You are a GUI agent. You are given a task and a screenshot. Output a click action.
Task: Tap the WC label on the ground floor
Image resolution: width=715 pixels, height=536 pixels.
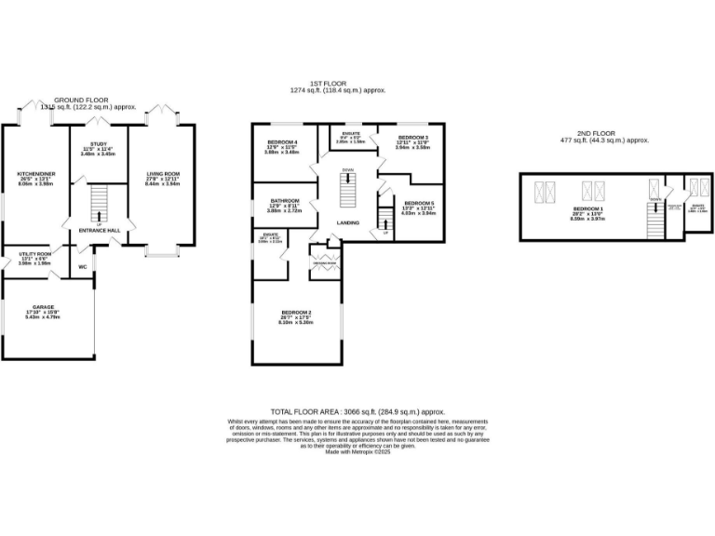tap(82, 266)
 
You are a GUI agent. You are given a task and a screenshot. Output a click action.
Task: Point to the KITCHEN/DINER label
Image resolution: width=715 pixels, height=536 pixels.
tap(33, 173)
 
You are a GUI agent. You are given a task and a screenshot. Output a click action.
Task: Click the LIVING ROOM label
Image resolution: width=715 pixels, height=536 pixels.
tap(162, 173)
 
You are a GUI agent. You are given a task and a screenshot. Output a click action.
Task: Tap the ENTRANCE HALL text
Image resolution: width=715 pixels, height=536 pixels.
tap(99, 229)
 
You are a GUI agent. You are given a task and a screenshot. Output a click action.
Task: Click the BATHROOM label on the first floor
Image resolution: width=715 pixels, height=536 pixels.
tap(285, 200)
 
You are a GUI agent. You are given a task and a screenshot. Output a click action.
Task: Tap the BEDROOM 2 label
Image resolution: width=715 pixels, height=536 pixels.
tap(295, 312)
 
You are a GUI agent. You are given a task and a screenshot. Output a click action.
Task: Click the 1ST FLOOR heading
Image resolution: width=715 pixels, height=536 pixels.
tap(335, 84)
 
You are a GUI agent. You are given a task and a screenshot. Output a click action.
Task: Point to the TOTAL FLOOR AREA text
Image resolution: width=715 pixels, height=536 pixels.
tap(357, 410)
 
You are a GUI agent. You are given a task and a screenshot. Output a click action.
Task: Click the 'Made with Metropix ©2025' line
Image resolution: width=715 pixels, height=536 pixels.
tap(357, 451)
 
